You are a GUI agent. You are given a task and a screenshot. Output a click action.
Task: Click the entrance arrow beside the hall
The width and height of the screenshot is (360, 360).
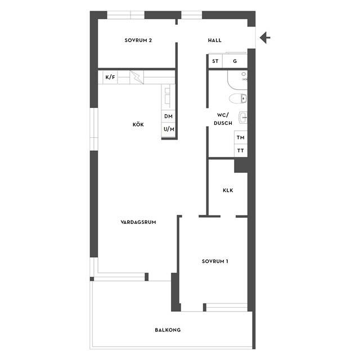pos(265,38)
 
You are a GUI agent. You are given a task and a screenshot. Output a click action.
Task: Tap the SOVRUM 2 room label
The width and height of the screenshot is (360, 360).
pos(138,40)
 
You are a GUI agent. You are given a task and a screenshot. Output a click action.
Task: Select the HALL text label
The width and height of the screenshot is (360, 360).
pos(215,40)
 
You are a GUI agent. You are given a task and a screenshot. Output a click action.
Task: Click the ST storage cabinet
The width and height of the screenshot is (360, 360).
pos(215,61)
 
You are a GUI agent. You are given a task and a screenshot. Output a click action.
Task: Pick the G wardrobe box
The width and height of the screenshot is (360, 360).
pos(235,61)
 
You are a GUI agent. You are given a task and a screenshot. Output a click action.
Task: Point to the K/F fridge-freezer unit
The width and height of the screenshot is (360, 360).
pos(110,77)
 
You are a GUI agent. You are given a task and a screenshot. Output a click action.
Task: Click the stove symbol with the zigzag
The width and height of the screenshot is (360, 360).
pos(137,77)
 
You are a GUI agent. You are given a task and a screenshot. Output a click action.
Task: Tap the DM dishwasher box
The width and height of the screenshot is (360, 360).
pos(168,116)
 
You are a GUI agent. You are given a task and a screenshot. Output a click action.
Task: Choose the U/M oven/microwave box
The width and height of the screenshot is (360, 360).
pos(169,129)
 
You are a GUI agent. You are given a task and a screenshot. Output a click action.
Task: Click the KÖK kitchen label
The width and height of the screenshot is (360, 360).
pos(138,125)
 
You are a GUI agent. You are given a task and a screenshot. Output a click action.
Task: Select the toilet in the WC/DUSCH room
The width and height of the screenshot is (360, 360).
pos(238,99)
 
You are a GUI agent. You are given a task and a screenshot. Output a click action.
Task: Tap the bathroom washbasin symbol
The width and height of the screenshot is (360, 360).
pos(243,118)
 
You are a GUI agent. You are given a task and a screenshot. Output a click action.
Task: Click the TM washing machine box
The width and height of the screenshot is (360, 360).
pos(241,137)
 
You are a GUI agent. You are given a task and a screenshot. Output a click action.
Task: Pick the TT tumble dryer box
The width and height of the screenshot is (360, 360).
pos(241,151)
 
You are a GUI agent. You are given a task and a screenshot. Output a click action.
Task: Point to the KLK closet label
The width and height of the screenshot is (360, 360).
pos(228,190)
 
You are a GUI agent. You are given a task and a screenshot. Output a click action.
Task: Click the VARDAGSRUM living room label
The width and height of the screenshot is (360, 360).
pos(138,222)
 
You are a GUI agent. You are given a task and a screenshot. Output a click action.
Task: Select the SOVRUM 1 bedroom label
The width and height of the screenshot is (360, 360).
pos(215,261)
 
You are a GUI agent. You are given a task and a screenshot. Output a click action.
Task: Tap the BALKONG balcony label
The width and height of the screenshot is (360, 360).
pos(168,330)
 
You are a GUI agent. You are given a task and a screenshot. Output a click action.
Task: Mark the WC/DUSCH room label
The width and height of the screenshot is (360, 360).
pos(223,119)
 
